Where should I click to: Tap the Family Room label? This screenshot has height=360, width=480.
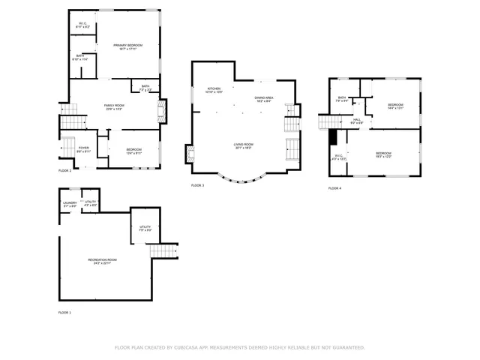pyautogui.click(x=113, y=106)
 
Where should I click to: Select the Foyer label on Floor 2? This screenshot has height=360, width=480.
pyautogui.click(x=84, y=148)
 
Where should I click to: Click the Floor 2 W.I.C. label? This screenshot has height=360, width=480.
pyautogui.click(x=83, y=25)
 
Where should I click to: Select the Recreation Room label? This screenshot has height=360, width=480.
pyautogui.click(x=105, y=261)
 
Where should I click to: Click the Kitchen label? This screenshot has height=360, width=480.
pyautogui.click(x=214, y=89)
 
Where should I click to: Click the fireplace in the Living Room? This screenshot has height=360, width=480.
pyautogui.click(x=190, y=154)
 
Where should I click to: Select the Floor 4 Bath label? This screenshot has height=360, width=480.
pyautogui.click(x=341, y=98)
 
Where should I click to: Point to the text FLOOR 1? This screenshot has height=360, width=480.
pyautogui.click(x=64, y=312)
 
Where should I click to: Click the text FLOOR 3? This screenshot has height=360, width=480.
pyautogui.click(x=197, y=185)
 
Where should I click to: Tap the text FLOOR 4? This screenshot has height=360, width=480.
pyautogui.click(x=334, y=188)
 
